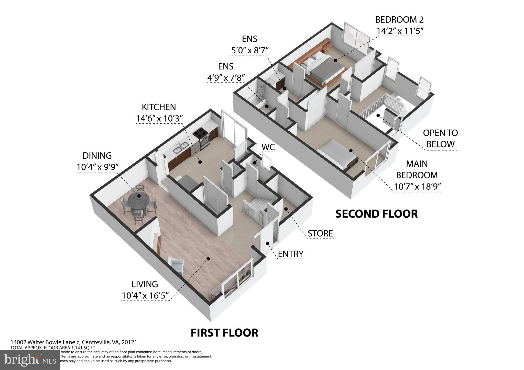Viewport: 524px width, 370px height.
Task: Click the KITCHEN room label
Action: point(159,107)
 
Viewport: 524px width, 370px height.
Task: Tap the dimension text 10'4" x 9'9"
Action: point(97,167)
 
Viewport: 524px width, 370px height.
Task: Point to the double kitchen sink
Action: point(180,148)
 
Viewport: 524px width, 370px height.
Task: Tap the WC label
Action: point(268,147)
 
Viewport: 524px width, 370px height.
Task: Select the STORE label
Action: point(320,233)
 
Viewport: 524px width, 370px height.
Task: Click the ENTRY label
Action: point(291,254)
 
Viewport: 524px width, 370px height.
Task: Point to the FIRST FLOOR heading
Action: point(224,333)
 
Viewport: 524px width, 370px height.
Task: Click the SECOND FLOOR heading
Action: point(376,214)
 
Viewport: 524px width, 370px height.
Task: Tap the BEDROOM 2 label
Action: point(399,20)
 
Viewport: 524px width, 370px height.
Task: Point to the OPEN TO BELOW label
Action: point(440,138)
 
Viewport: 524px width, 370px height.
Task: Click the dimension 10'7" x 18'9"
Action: point(417,187)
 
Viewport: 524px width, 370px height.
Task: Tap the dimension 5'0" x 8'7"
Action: point(250,50)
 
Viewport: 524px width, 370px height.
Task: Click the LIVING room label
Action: point(145,284)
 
